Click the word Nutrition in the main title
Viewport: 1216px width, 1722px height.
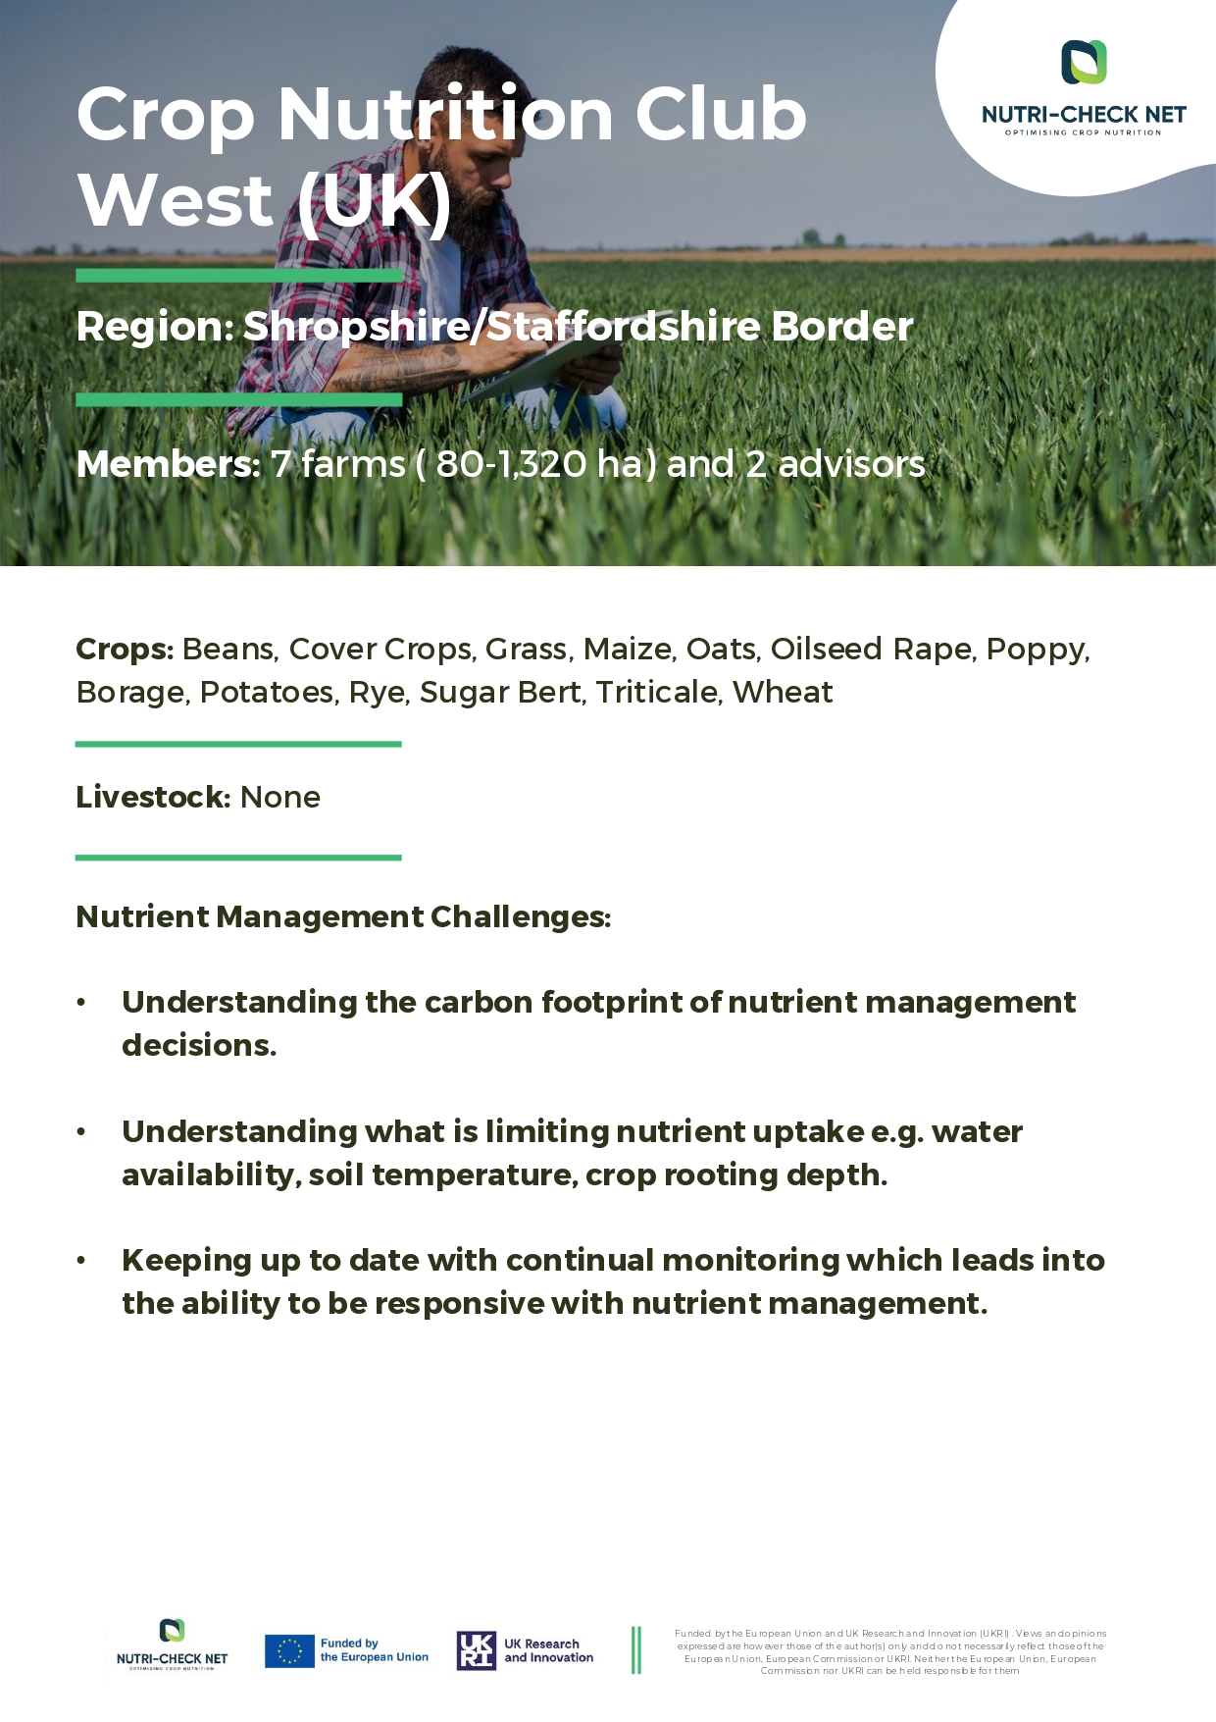447,114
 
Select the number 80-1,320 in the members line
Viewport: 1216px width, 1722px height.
509,464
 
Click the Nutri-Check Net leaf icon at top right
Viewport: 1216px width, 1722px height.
1084,62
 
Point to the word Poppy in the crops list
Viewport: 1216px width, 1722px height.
1038,650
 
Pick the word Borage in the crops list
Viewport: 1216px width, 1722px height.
130,693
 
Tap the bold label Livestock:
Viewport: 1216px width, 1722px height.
153,797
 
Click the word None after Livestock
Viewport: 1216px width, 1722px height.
280,797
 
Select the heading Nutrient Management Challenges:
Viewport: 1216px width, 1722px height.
343,916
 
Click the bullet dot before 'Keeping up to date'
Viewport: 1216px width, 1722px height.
82,1260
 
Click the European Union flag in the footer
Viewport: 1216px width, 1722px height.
289,1650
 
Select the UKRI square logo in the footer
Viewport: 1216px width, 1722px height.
477,1650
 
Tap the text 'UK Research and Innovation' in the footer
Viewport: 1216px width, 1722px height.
548,1650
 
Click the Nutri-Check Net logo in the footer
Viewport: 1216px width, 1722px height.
172,1645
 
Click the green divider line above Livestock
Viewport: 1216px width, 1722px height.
238,744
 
